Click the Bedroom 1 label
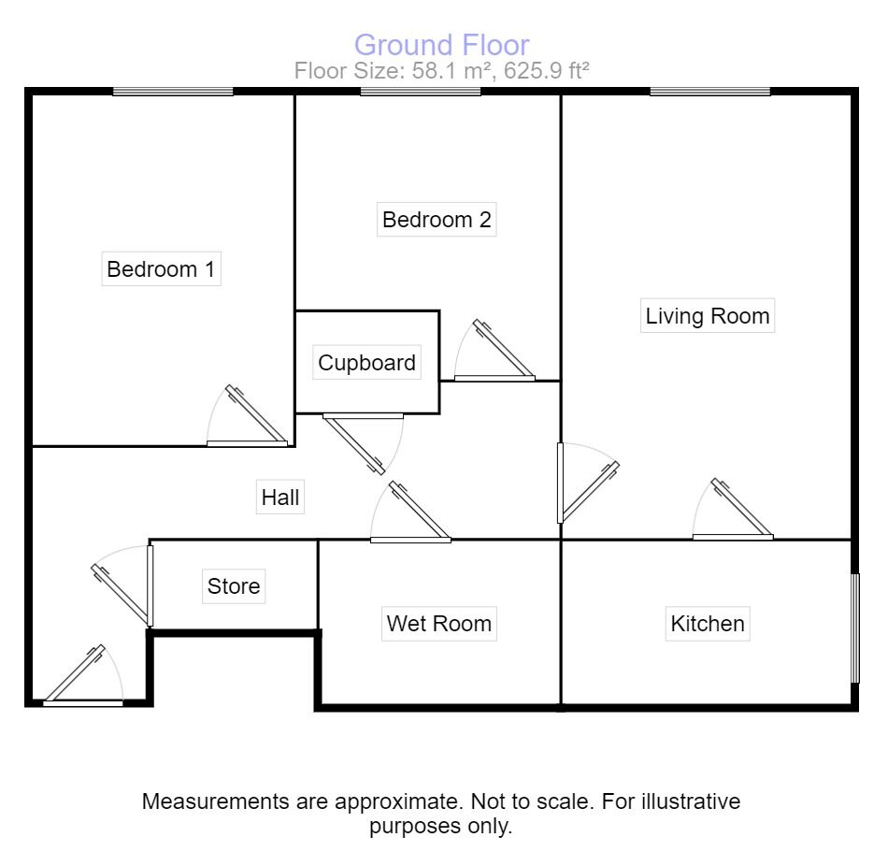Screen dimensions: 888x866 (161, 269)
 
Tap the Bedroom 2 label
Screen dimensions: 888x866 (437, 220)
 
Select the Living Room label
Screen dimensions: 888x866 (708, 315)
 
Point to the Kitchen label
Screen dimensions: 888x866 (708, 623)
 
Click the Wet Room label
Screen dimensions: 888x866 (438, 623)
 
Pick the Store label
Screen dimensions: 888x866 (234, 586)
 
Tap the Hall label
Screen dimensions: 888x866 (280, 498)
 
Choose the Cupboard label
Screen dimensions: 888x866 (366, 363)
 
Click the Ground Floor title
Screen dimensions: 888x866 (442, 44)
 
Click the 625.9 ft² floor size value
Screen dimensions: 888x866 (546, 70)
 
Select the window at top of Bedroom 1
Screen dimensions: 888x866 (173, 91)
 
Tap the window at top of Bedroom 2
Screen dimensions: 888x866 (421, 91)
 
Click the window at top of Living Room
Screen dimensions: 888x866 (710, 91)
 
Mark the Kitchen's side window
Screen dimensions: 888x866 (854, 627)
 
